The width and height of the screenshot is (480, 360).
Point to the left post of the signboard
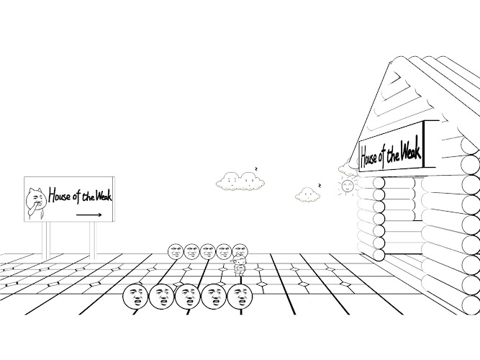[x=46, y=239]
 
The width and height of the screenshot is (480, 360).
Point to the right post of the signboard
[x=92, y=239]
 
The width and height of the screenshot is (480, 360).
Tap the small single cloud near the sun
[x=308, y=194]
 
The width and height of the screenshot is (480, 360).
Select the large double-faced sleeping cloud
[x=240, y=181]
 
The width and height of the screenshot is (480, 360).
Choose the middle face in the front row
[x=187, y=295]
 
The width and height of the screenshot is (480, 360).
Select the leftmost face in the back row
[x=176, y=251]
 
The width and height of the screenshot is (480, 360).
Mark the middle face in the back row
[x=208, y=251]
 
